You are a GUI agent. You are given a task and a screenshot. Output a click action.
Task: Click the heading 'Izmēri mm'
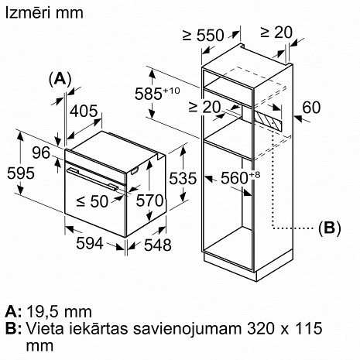36,13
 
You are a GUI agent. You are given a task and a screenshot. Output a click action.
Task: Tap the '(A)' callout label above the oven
60,78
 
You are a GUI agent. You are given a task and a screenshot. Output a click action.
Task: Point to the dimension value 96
41,153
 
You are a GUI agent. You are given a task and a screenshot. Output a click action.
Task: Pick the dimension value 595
16,173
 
